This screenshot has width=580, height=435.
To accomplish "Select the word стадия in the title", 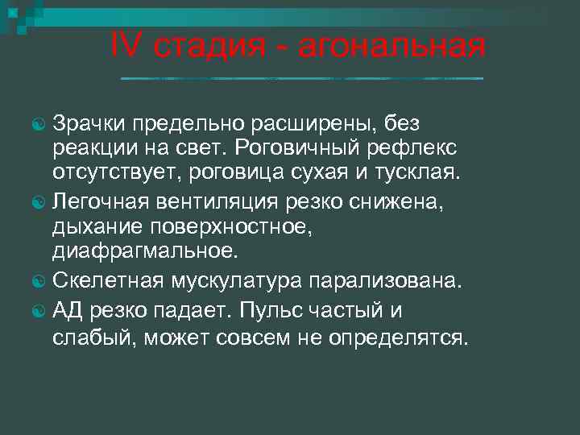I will coord(209,48).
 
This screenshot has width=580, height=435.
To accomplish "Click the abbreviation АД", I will coord(67,309).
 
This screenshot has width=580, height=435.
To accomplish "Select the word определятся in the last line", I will coord(397,337).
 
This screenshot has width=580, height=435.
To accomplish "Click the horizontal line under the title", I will coord(301,78).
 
